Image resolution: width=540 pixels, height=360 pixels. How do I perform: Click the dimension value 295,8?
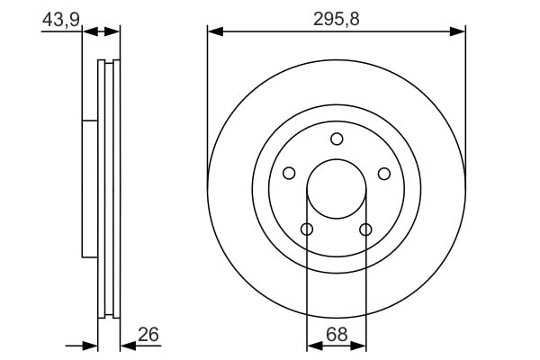tap(337, 18)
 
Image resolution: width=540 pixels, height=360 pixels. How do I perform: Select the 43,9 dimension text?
tap(59, 18)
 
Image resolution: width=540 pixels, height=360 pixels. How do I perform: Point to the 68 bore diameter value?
tap(336, 334)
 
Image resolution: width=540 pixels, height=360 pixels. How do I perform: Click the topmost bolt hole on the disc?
tap(337, 139)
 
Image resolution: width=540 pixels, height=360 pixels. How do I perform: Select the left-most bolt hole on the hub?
tap(289, 174)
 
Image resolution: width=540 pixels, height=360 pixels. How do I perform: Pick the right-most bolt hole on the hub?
tap(384, 174)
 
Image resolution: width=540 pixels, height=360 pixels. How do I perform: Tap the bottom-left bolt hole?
tap(307, 229)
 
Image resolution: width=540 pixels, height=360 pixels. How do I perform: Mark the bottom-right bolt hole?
tap(365, 229)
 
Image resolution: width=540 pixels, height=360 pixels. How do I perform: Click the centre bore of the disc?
tap(337, 189)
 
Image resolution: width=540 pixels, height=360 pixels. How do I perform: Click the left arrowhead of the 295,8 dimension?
tap(213, 31)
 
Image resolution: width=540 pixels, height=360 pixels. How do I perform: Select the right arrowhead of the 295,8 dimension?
tap(460, 31)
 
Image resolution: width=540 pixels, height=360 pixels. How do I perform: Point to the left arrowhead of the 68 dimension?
tap(312, 345)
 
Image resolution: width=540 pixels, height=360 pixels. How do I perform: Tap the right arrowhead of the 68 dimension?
tap(360, 345)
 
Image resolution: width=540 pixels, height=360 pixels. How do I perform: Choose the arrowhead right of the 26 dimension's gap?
tap(125, 345)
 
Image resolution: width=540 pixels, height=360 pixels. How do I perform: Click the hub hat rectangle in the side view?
tap(90, 189)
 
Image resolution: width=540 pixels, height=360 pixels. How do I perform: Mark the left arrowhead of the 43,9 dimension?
tap(88, 31)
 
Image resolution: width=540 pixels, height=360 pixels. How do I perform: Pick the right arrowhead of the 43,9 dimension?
tap(113, 31)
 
